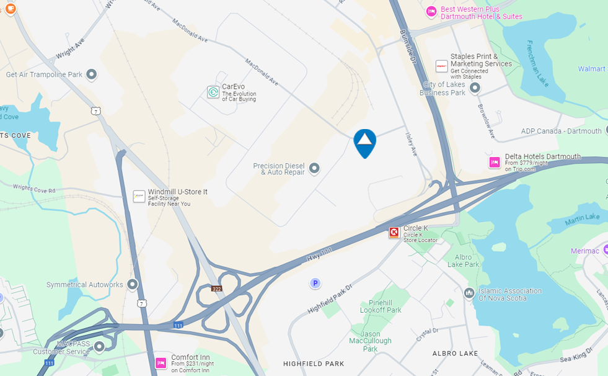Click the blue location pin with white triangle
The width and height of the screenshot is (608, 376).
[364, 142]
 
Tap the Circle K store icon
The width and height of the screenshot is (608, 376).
[394, 233]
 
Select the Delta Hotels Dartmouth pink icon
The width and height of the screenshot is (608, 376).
[495, 163]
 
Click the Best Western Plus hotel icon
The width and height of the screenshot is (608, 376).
[431, 12]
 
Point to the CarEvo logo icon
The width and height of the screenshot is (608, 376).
[213, 92]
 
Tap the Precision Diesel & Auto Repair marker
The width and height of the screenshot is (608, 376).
[314, 168]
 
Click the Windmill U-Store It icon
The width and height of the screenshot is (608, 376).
[139, 197]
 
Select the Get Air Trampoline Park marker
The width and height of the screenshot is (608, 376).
[92, 75]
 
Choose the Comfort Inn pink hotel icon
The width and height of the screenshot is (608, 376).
[161, 362]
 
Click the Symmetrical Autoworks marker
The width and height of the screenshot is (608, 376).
[132, 285]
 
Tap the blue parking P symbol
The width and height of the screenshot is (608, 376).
[315, 283]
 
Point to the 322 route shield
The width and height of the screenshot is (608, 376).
[216, 289]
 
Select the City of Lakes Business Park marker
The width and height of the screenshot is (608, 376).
[475, 88]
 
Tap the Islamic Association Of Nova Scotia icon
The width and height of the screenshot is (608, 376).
[469, 292]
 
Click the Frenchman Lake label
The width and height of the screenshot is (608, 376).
[539, 64]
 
